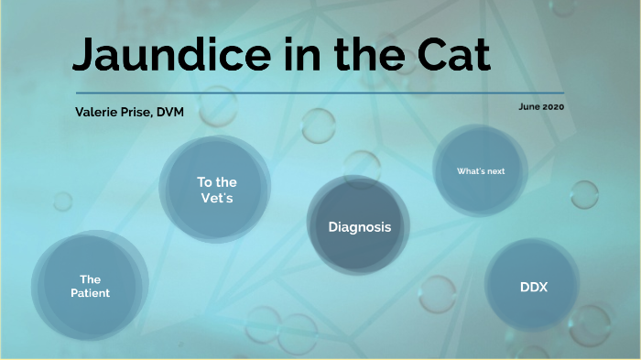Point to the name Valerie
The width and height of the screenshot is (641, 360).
100,111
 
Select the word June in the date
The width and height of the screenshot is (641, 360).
528,107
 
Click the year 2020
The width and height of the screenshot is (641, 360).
553,107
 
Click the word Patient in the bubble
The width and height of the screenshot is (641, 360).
90,293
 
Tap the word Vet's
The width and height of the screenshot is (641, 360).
217,199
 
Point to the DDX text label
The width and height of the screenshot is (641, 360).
533,287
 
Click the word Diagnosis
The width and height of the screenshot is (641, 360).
360,226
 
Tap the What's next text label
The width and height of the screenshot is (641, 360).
481,171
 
